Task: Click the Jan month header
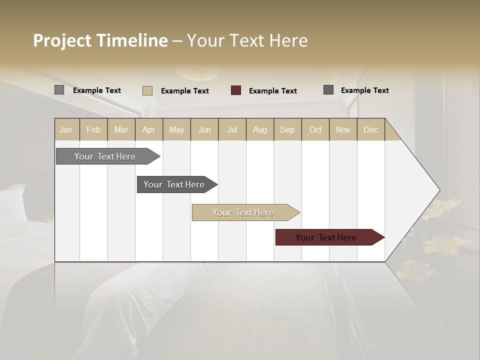pyautogui.click(x=66, y=129)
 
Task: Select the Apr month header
pyautogui.click(x=149, y=129)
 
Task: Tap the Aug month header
pyautogui.click(x=260, y=129)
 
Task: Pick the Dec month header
pyautogui.click(x=371, y=129)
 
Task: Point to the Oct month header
pyautogui.click(x=315, y=129)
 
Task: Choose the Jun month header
pyautogui.click(x=204, y=129)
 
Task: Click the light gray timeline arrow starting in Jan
pyautogui.click(x=105, y=156)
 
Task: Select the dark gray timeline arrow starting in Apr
pyautogui.click(x=174, y=184)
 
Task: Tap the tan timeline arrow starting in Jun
pyautogui.click(x=243, y=212)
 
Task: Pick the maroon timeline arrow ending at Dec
pyautogui.click(x=326, y=237)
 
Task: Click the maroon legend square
pyautogui.click(x=236, y=90)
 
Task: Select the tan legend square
pyautogui.click(x=147, y=90)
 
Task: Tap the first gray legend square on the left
pyautogui.click(x=59, y=90)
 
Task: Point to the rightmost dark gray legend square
pyautogui.click(x=328, y=90)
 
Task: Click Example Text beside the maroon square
pyautogui.click(x=273, y=91)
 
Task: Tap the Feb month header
pyautogui.click(x=93, y=129)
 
